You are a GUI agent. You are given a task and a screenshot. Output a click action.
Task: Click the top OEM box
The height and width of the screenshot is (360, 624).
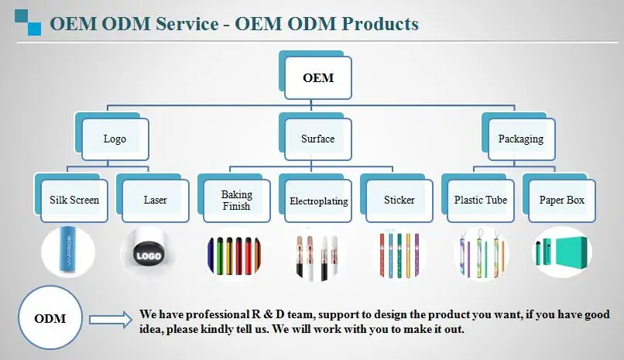coord(317,78)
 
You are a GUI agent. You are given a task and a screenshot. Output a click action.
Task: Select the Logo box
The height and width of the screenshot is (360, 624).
coord(115,139)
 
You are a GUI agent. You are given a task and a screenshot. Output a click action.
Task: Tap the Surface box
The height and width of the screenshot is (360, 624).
coord(317,139)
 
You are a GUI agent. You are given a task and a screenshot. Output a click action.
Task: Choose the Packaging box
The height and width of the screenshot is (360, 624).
coord(520,139)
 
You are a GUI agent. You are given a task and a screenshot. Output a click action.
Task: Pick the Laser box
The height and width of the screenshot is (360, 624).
coord(155,201)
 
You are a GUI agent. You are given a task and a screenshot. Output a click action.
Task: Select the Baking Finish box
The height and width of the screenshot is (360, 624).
coord(236,201)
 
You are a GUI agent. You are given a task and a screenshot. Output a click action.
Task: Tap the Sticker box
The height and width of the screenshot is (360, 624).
coord(399,201)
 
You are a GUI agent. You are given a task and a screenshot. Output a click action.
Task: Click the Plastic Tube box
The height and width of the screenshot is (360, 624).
coord(481,201)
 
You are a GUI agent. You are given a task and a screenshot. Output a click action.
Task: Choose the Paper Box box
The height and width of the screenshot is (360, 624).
coord(562,201)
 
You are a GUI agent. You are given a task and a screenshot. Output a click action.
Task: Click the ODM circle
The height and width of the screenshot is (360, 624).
coord(50,318)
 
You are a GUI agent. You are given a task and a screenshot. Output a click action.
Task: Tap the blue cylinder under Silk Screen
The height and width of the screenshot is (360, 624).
coord(67,252)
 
